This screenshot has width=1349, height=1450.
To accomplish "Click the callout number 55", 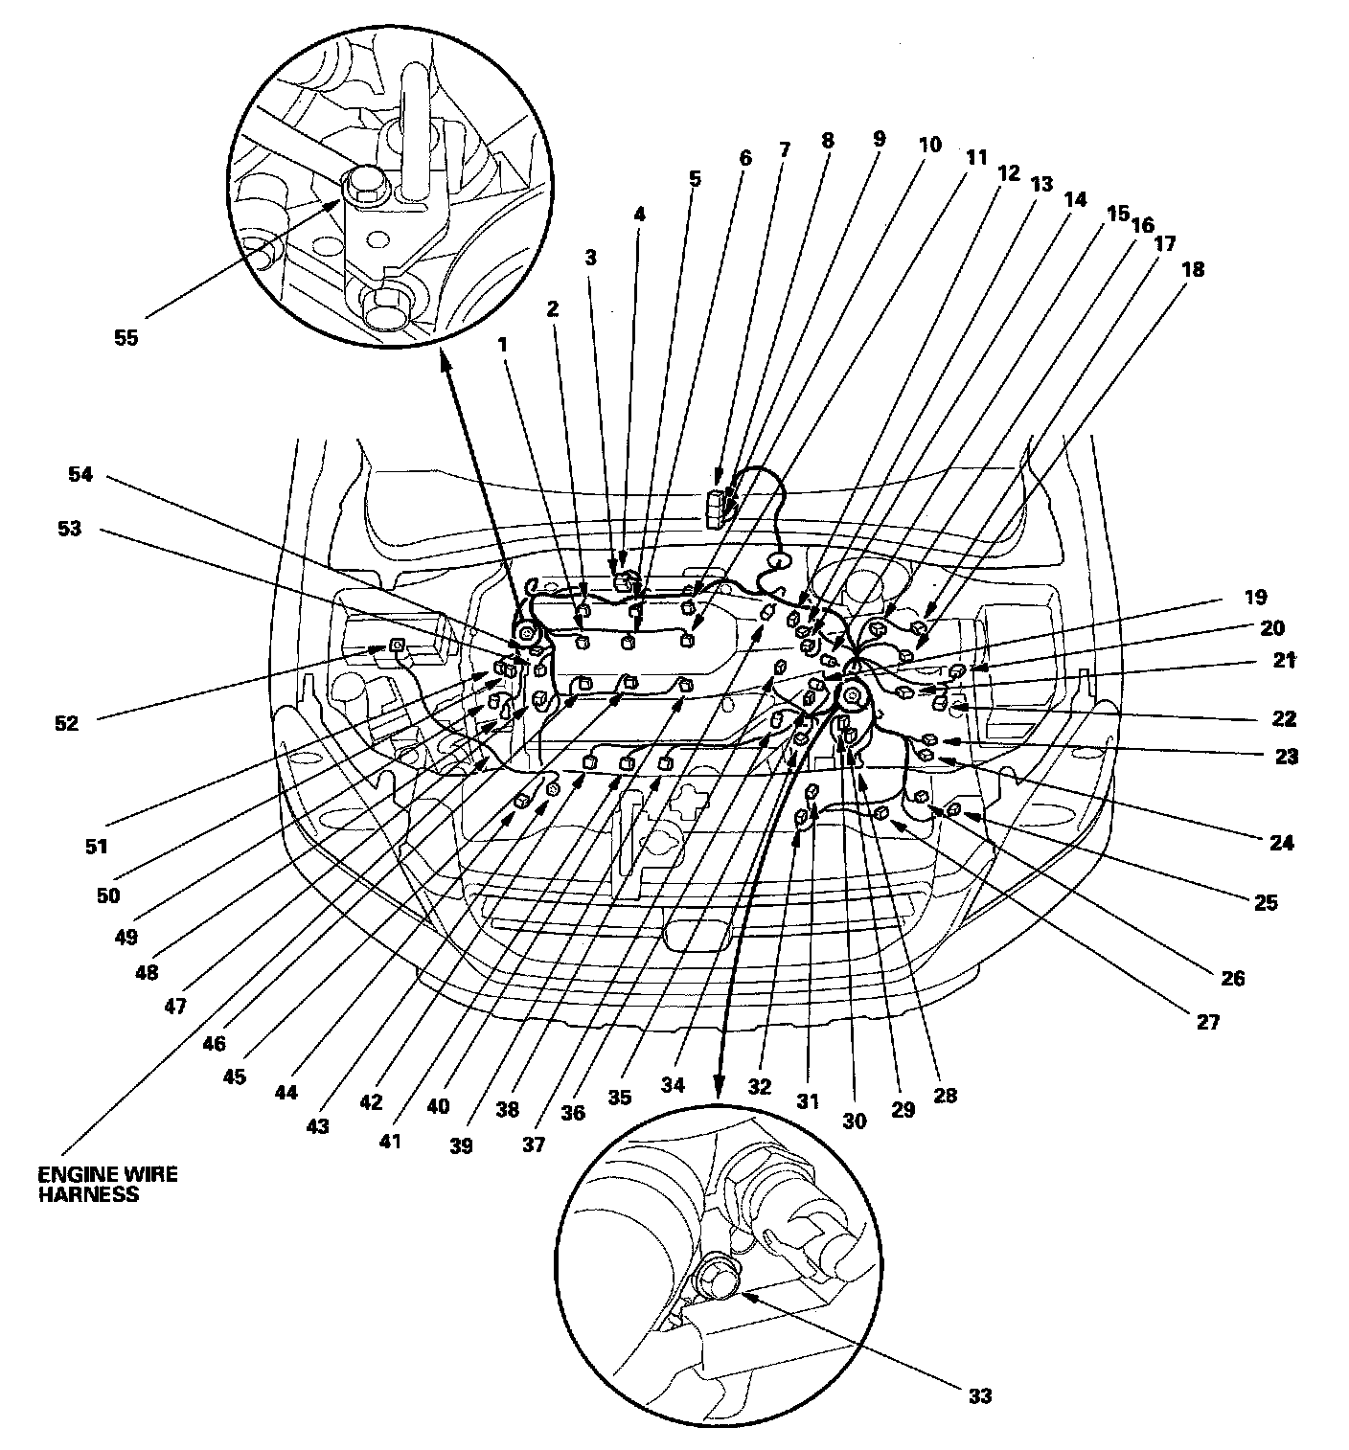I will tap(126, 338).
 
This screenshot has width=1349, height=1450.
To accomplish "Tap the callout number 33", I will tap(979, 1395).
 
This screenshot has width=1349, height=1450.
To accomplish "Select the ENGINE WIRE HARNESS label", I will tap(108, 1184).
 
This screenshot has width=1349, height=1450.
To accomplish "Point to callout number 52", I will tap(66, 723).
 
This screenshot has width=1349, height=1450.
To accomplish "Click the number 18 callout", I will tap(1193, 270).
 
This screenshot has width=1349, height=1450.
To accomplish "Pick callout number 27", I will tap(1208, 1022).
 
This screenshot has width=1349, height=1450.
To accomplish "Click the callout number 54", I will tap(80, 474).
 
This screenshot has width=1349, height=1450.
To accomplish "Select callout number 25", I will tap(1266, 902).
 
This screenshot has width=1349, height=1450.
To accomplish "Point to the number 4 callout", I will tap(640, 215).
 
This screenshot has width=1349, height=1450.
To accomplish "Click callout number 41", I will tap(389, 1142).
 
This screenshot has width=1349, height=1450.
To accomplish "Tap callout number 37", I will tap(534, 1144).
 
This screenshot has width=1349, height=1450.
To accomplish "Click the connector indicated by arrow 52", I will tap(396, 650).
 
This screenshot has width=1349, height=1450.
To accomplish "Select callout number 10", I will tap(929, 146).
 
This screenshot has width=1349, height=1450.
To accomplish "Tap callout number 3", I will tap(591, 257).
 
